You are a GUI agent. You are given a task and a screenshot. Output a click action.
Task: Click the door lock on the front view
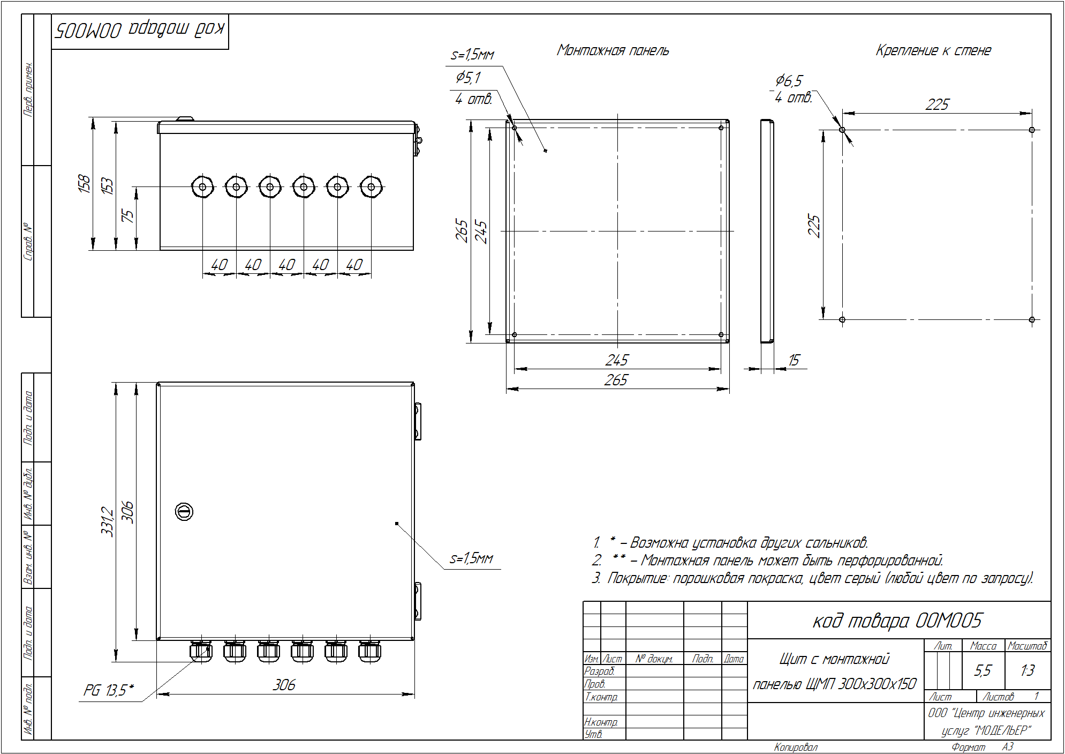[184, 512]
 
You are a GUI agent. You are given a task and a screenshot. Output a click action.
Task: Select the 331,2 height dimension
[108, 521]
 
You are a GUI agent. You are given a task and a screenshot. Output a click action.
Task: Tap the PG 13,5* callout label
[108, 690]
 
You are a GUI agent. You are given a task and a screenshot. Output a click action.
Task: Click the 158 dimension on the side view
[84, 183]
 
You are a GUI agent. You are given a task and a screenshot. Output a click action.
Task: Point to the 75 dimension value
[128, 216]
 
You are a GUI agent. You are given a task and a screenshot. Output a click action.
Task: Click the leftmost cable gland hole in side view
[202, 187]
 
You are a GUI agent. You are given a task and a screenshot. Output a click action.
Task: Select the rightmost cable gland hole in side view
[371, 187]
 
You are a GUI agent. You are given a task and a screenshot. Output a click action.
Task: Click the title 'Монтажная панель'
[613, 50]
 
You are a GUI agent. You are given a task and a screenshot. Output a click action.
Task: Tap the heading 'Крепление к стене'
[933, 50]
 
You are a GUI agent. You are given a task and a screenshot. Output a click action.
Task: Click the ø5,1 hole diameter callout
[469, 78]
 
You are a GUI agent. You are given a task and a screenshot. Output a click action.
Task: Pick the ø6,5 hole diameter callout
[789, 81]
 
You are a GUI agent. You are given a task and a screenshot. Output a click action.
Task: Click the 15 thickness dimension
[794, 360]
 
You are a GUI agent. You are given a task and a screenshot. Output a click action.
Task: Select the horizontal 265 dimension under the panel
[616, 380]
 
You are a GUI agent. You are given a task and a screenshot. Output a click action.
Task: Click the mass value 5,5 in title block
[983, 670]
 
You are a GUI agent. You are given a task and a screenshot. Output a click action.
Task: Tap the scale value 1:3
[1028, 670]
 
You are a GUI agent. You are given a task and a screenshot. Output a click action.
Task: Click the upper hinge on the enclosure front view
[418, 421]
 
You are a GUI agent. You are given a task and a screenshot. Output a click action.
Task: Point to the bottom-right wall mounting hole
[1032, 319]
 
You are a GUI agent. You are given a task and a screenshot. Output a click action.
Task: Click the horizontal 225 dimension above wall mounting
[937, 104]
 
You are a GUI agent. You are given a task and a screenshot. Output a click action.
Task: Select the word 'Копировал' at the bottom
[796, 747]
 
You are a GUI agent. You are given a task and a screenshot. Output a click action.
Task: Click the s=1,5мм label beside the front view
[471, 558]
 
